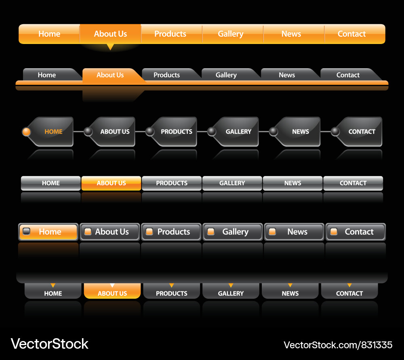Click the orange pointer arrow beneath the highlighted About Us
[x=110, y=47]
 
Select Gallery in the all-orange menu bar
[x=231, y=34]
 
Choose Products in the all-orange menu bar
[x=170, y=34]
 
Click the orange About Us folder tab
[x=110, y=75]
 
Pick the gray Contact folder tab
[x=348, y=75]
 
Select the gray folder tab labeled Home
[x=47, y=75]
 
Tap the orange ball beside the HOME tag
[x=26, y=132]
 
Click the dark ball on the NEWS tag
[x=274, y=132]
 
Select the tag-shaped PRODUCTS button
[x=176, y=132]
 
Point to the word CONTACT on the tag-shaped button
[x=362, y=132]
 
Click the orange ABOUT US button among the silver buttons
[x=111, y=183]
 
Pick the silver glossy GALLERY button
[x=232, y=183]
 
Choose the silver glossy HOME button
[x=51, y=183]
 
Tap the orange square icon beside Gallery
[x=210, y=232]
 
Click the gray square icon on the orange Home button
[x=27, y=232]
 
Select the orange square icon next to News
[x=272, y=232]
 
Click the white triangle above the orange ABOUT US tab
[x=112, y=285]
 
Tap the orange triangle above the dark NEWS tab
[x=290, y=285]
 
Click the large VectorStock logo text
[x=49, y=344]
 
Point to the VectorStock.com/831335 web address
[x=338, y=345]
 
